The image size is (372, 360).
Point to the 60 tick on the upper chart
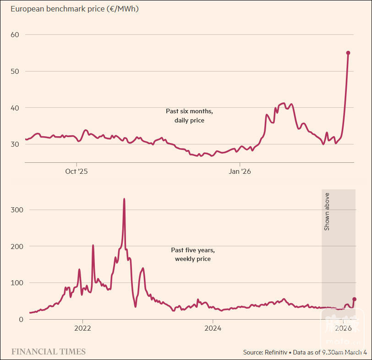(15, 34)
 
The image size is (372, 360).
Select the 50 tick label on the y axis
(15, 71)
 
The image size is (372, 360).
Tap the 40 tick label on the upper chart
(15, 108)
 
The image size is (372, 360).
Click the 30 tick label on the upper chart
(15, 144)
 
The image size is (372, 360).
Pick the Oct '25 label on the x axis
(76, 172)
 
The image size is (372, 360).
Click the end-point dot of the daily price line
(348, 53)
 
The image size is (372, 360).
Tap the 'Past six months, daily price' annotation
(189, 116)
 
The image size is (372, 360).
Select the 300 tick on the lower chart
(17, 210)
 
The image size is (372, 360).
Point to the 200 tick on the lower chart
(17, 246)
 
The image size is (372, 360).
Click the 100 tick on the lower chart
(17, 283)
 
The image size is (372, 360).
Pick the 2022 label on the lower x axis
(82, 328)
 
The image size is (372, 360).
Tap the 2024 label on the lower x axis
(213, 328)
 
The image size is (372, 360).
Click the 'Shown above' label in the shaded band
(327, 211)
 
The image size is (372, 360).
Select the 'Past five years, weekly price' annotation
(192, 255)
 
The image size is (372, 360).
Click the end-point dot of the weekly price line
(354, 299)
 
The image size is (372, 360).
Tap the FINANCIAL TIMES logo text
(48, 352)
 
